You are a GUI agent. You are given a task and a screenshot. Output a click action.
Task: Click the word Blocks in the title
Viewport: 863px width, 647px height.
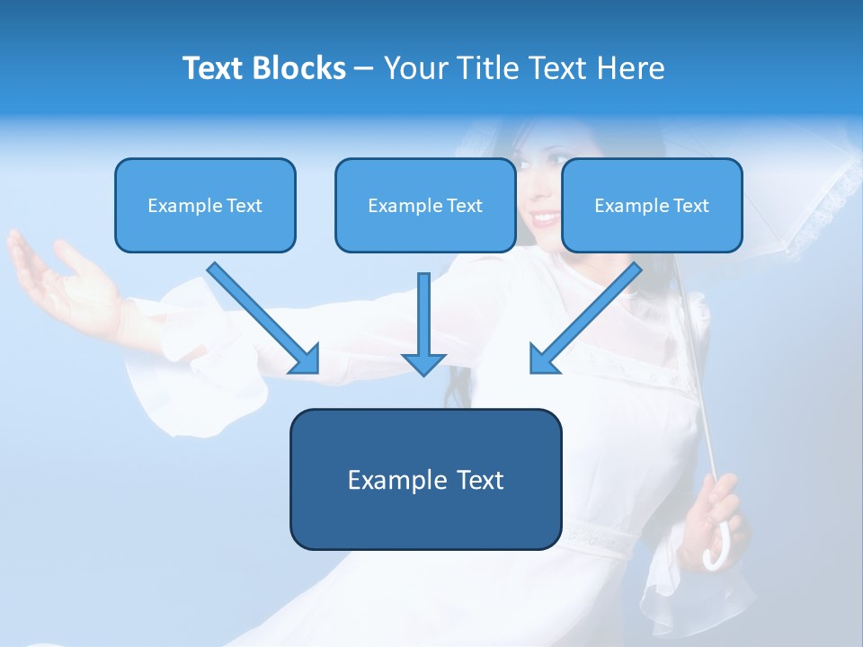click(x=298, y=68)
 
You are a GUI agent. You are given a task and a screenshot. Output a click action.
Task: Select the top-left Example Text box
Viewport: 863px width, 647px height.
click(x=205, y=205)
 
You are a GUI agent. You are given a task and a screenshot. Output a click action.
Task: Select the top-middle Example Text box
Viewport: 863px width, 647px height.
click(x=425, y=205)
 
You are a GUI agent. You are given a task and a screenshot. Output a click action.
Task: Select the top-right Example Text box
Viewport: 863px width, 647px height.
click(x=652, y=205)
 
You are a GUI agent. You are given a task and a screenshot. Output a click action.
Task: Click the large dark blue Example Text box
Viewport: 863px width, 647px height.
click(x=425, y=480)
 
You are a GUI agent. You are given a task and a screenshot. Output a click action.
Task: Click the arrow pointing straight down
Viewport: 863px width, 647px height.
click(x=423, y=323)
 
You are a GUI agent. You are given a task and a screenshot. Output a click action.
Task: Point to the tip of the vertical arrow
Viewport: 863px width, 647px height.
click(x=423, y=372)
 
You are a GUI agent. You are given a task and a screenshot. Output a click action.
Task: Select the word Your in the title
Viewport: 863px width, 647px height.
click(x=416, y=68)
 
